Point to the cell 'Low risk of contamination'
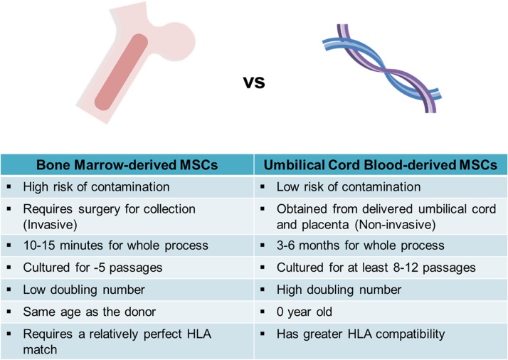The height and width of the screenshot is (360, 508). pos(339,187)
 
